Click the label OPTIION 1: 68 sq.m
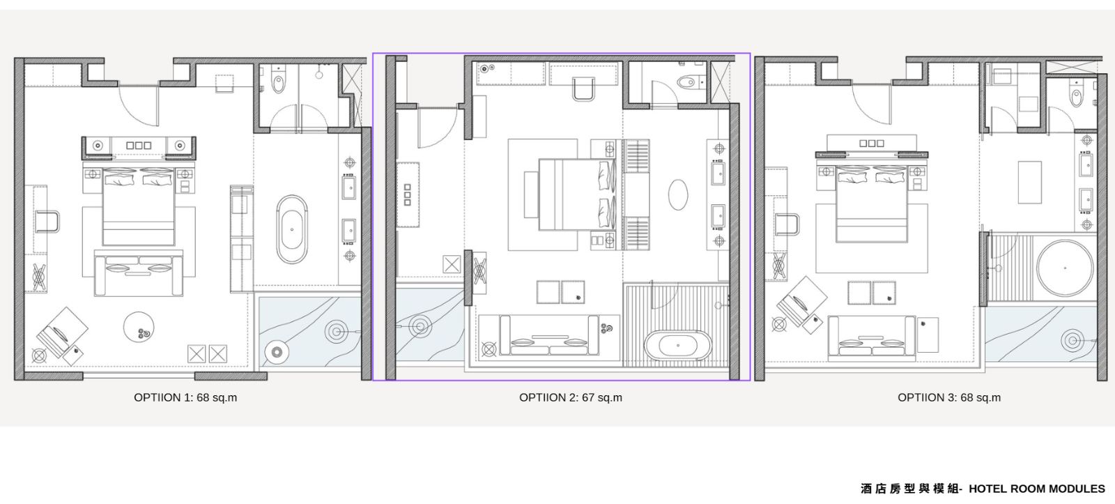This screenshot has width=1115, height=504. (185, 397)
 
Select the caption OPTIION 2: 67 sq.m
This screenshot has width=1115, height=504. (571, 397)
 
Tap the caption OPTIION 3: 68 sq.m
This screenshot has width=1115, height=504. (948, 397)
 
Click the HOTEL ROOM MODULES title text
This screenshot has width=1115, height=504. (1036, 489)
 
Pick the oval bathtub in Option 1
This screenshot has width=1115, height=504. (292, 229)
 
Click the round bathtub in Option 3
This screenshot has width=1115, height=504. (1066, 268)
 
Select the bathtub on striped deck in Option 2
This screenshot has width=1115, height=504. (677, 345)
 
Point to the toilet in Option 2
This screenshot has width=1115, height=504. (690, 81)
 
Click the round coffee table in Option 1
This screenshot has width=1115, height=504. (139, 327)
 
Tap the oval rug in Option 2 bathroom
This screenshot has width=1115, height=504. (677, 194)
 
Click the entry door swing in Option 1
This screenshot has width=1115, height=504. (139, 105)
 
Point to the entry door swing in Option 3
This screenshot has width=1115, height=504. (871, 104)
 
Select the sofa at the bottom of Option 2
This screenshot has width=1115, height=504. (549, 335)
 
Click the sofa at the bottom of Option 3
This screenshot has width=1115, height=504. (872, 337)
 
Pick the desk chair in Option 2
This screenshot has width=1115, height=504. (583, 89)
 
